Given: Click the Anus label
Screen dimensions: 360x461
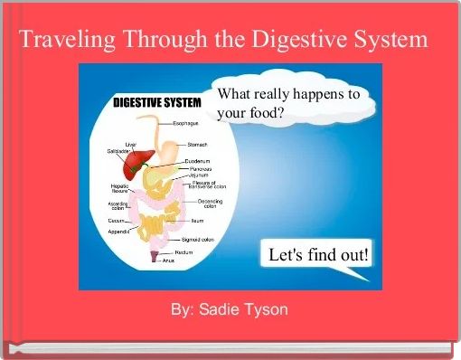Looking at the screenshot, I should click(x=169, y=260).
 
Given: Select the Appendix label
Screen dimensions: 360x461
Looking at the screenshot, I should click(x=120, y=231).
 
